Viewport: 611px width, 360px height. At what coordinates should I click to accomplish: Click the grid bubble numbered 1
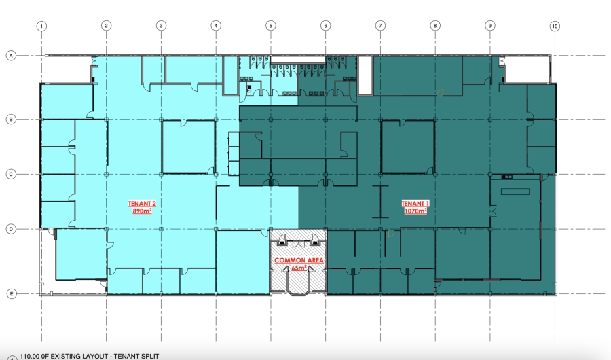41,26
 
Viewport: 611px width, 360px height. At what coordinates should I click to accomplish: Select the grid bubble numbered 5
271,26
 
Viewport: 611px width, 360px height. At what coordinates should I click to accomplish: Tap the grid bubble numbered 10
555,26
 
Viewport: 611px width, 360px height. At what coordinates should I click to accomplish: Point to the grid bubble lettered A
11,56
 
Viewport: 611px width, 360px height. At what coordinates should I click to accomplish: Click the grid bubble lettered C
11,175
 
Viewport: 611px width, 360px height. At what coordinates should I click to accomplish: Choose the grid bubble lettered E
12,293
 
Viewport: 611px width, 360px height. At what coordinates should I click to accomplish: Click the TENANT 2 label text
142,204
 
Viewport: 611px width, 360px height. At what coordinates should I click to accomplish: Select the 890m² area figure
142,211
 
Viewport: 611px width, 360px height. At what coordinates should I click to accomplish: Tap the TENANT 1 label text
415,204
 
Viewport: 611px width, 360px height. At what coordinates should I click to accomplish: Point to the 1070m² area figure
415,211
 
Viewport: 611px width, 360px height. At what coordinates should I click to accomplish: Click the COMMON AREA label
299,260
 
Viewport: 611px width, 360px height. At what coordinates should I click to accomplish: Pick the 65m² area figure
299,268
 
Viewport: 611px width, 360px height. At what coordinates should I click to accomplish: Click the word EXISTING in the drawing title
70,356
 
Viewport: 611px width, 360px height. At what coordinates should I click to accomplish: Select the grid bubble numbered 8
435,26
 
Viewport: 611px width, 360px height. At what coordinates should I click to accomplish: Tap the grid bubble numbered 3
161,26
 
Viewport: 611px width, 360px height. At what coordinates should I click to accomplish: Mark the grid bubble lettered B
11,120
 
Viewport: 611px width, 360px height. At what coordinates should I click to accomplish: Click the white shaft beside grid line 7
365,75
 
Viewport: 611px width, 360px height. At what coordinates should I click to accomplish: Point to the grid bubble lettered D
11,229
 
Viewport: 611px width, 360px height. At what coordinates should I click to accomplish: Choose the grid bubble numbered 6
326,26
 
